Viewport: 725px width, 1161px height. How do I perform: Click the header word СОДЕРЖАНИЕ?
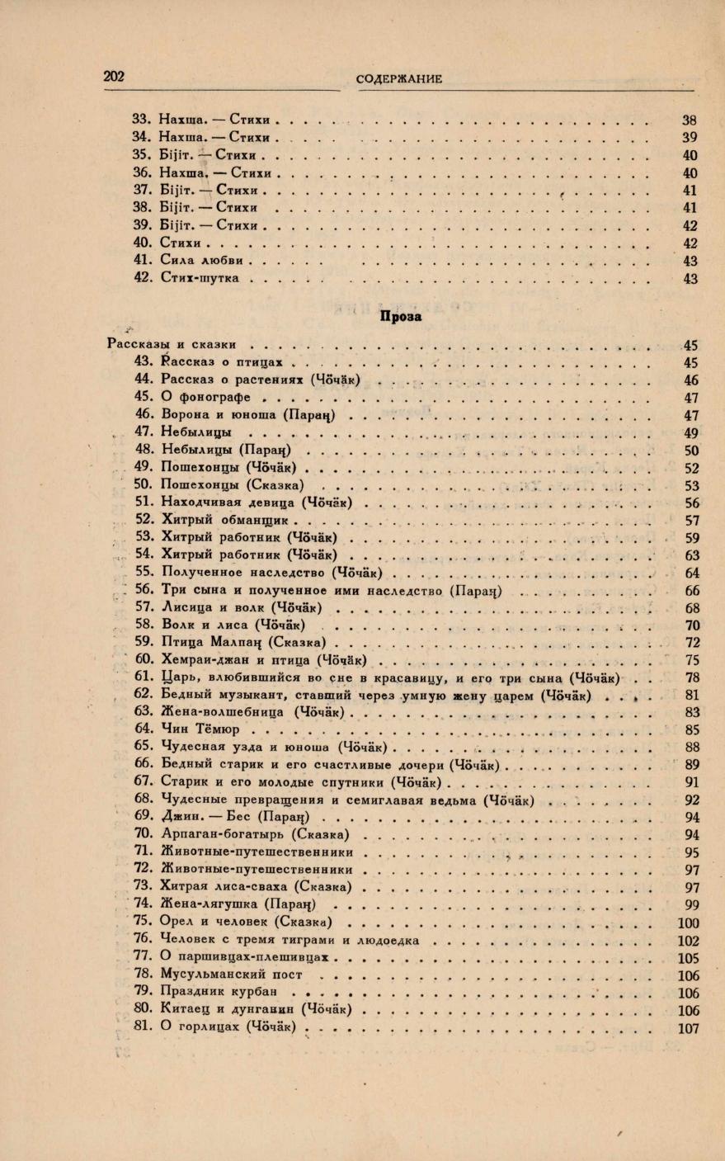[399, 79]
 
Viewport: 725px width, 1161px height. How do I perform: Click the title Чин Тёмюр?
[200, 729]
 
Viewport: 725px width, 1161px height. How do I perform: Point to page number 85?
[690, 729]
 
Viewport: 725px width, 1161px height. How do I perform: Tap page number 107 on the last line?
[687, 1029]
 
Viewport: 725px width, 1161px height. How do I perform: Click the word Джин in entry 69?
[179, 816]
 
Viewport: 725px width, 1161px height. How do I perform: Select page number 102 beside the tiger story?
[687, 940]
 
